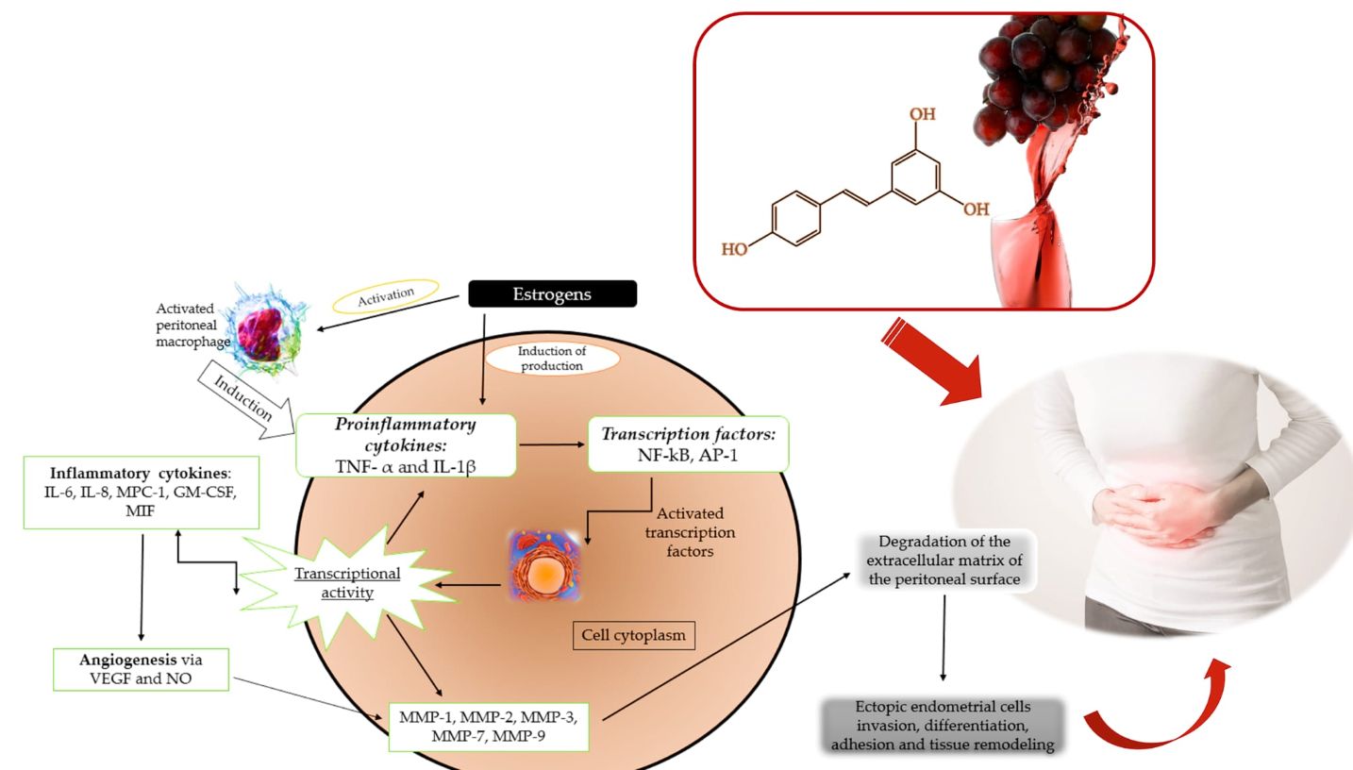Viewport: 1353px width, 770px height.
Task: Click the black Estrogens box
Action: point(552,294)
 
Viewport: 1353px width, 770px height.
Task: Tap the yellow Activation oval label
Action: point(386,295)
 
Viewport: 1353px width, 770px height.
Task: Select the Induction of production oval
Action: point(552,359)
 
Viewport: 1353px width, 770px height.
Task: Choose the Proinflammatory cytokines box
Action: point(407,444)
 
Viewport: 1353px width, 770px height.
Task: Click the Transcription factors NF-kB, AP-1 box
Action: point(687,444)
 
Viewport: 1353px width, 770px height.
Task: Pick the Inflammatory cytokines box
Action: point(142,491)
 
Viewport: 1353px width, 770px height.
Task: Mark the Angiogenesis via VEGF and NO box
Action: point(141,667)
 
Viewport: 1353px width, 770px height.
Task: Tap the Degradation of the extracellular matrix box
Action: point(944,561)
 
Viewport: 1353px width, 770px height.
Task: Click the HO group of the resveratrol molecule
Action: point(734,249)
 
